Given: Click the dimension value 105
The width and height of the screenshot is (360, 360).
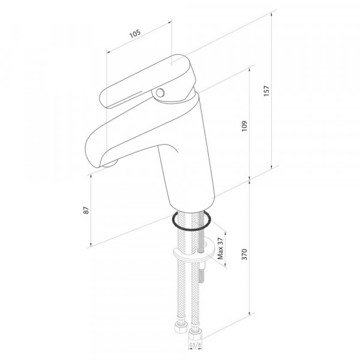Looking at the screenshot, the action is click(135, 34).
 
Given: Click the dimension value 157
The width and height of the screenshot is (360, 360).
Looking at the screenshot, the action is click(266, 91).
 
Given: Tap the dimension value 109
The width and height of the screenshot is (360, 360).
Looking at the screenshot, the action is click(244, 126).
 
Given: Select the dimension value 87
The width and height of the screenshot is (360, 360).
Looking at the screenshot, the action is click(86, 210).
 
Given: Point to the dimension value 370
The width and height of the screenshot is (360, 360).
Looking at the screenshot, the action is click(245, 254).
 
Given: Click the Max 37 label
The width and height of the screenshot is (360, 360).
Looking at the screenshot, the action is click(220, 248).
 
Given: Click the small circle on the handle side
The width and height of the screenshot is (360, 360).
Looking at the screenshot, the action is click(160, 93).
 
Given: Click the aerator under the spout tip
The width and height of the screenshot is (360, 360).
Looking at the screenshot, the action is click(110, 164).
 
